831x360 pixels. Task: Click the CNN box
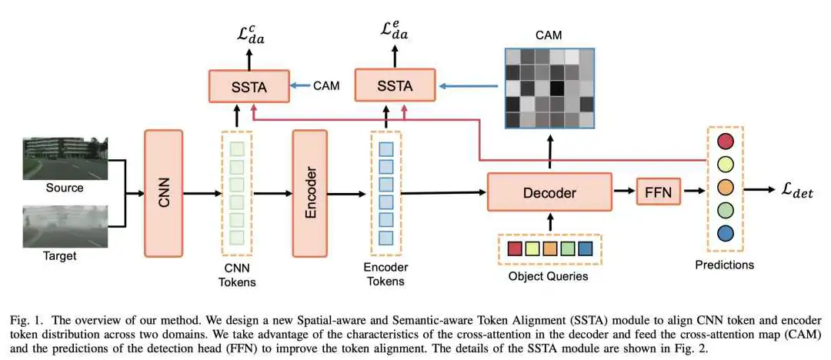pyautogui.click(x=163, y=193)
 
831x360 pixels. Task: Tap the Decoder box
pyautogui.click(x=549, y=192)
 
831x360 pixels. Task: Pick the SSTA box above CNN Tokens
pyautogui.click(x=249, y=86)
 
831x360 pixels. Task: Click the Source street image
pyautogui.click(x=65, y=158)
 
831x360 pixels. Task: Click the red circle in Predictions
pyautogui.click(x=725, y=141)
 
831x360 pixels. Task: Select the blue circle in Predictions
pyautogui.click(x=725, y=233)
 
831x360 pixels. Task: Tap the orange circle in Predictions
pyautogui.click(x=725, y=187)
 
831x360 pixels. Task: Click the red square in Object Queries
pyautogui.click(x=515, y=249)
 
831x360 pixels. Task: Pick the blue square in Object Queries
pyautogui.click(x=585, y=249)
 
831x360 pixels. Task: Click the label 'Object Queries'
pyautogui.click(x=549, y=276)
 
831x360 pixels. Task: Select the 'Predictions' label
pyautogui.click(x=724, y=264)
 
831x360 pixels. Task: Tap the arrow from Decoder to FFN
pyautogui.click(x=623, y=189)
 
